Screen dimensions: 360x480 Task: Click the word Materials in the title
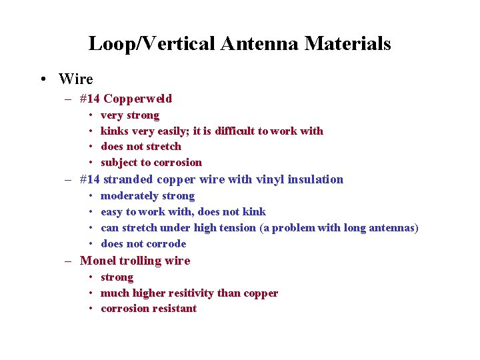coord(347,44)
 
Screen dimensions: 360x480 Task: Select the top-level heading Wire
coord(75,79)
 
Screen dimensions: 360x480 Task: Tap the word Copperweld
coord(137,99)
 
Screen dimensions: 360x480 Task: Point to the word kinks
coord(115,131)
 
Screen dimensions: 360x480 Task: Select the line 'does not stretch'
coord(141,146)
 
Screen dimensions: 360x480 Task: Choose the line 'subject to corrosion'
coord(151,162)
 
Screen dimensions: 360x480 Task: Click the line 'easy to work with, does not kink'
coord(183,212)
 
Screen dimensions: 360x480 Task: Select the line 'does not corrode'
coord(143,244)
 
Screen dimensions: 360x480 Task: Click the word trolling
coord(139,261)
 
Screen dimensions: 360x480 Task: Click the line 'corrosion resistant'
coord(148,309)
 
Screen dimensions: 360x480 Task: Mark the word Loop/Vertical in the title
coord(151,44)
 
